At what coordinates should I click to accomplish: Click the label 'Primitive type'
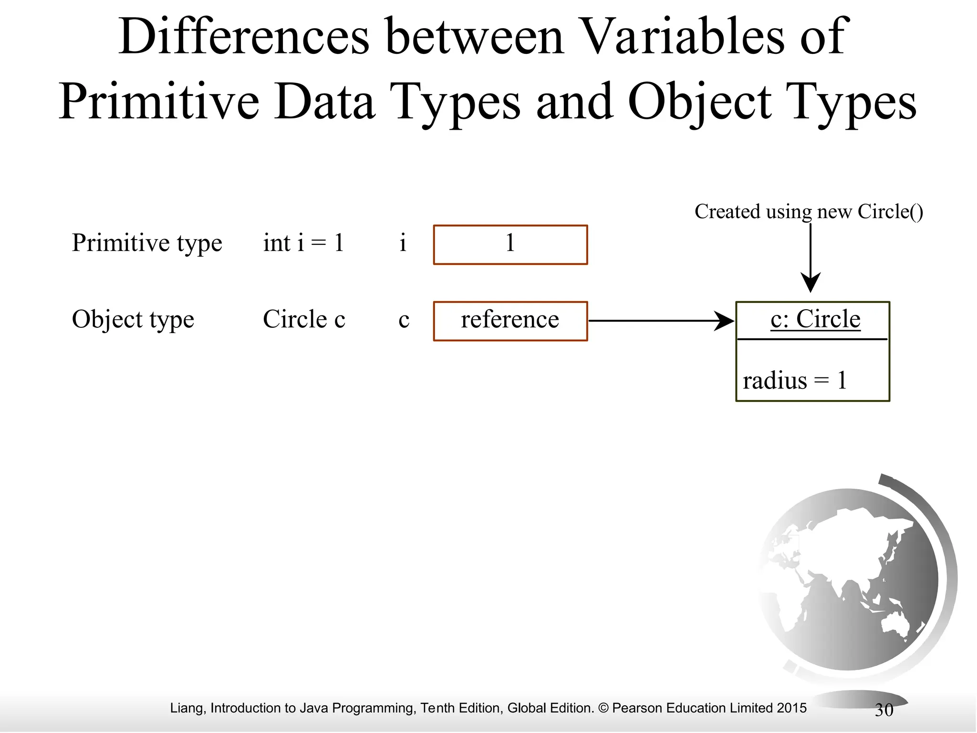click(146, 243)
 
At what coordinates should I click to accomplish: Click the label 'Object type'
click(133, 319)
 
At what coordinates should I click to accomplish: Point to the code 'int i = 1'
click(303, 243)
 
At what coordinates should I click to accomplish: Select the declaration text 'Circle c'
click(303, 319)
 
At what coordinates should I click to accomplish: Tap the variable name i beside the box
click(403, 243)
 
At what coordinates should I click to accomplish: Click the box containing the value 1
click(510, 245)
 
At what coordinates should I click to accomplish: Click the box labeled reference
click(510, 321)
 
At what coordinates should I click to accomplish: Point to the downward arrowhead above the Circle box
click(810, 283)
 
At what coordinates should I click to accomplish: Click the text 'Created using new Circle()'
click(808, 211)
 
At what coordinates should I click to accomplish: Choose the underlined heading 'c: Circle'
click(815, 319)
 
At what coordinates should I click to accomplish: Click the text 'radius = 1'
click(794, 381)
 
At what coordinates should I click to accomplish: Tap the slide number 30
click(883, 710)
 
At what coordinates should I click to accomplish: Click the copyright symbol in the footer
click(603, 708)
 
